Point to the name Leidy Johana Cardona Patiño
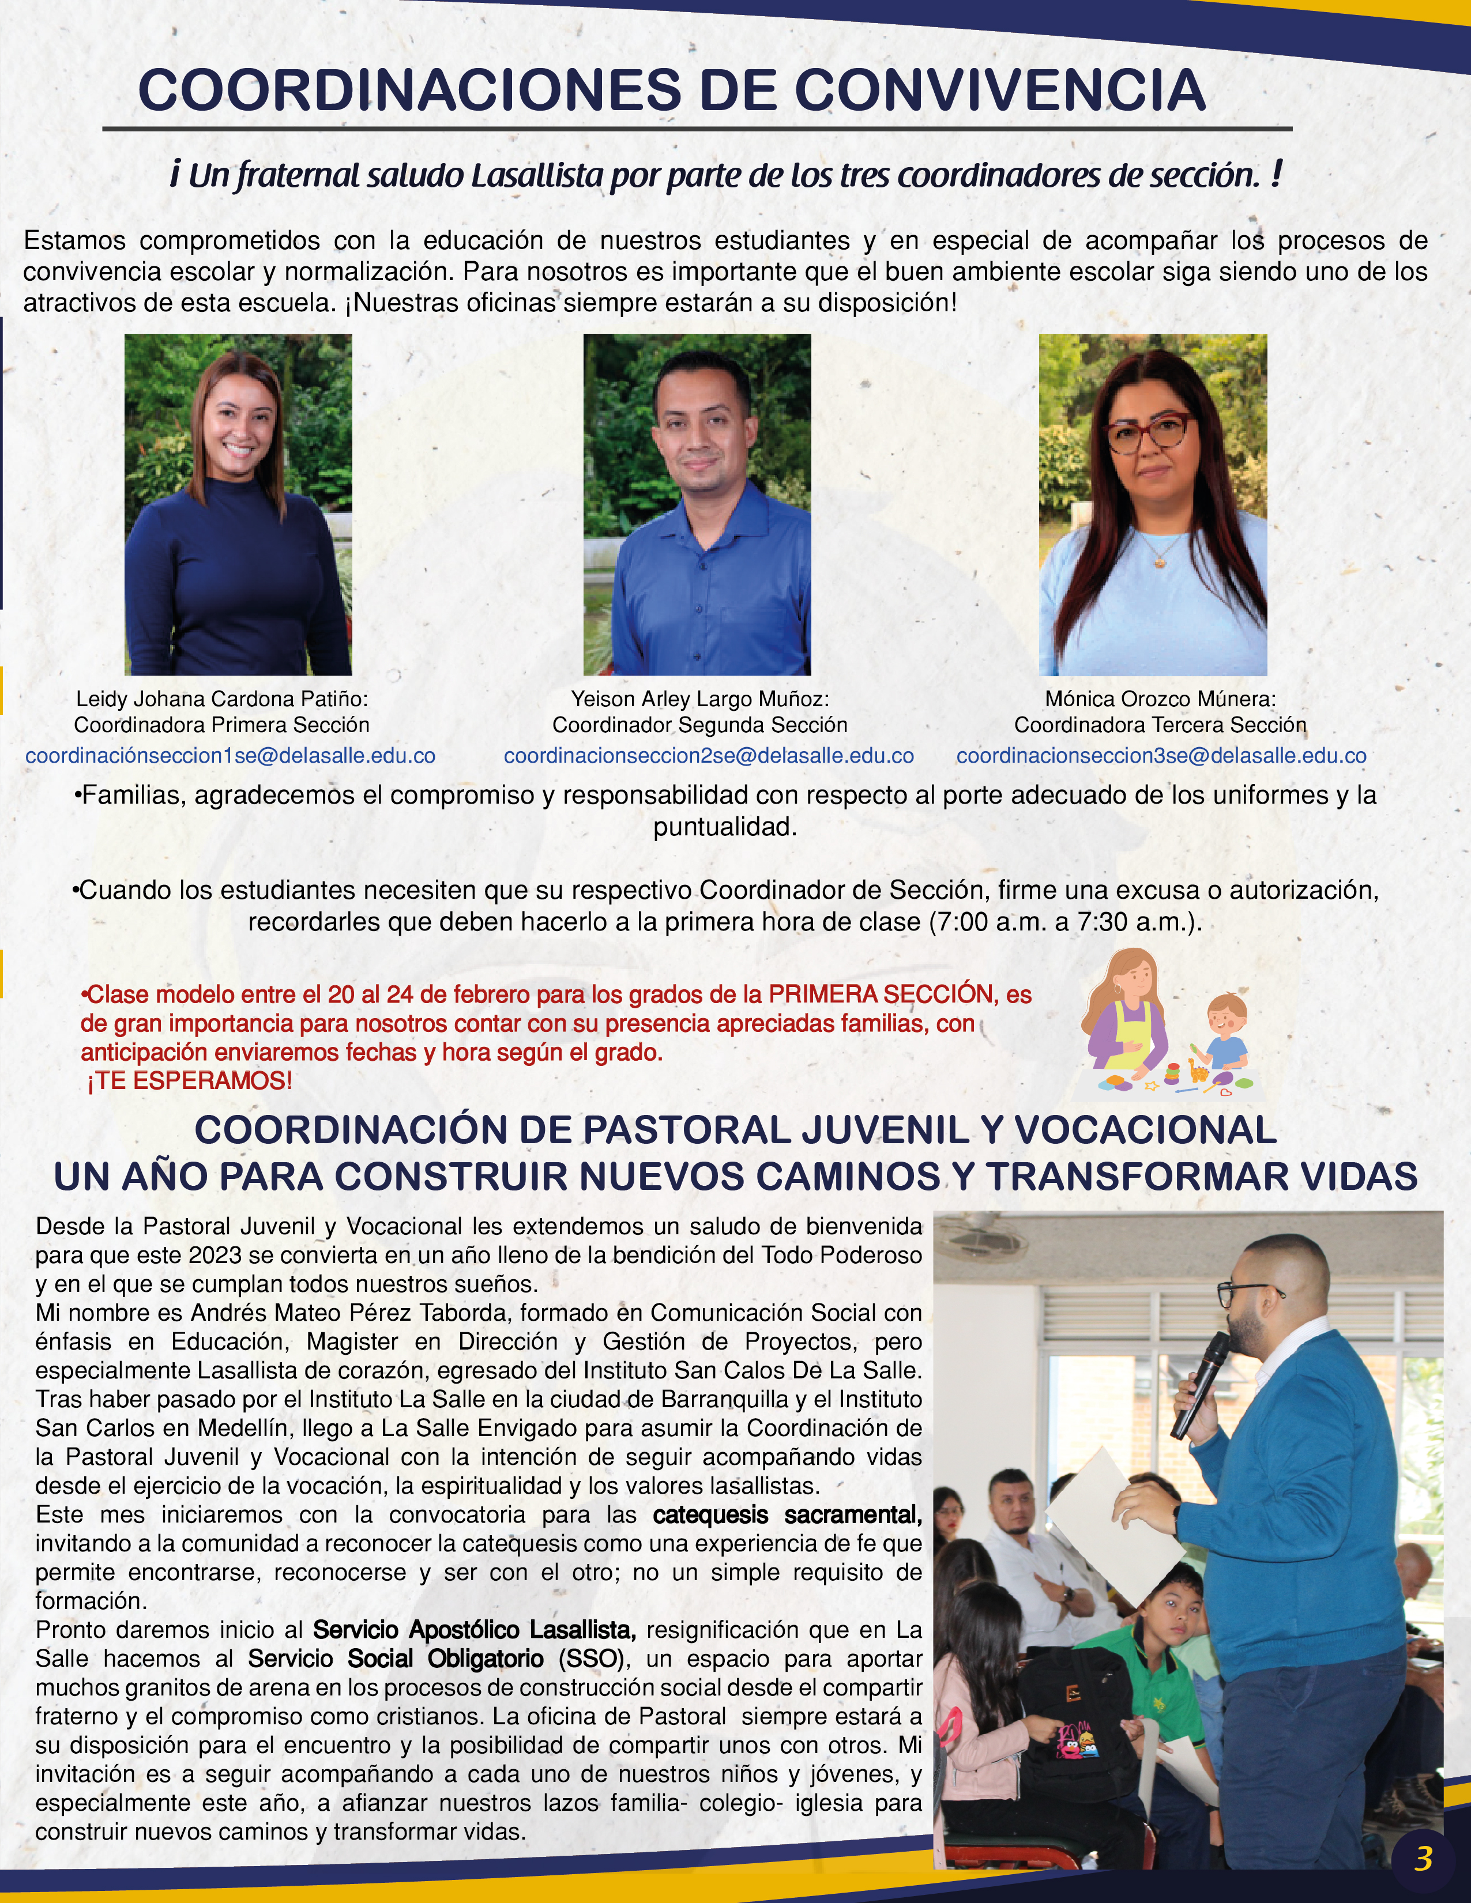[x=221, y=699]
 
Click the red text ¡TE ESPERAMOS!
[x=190, y=1081]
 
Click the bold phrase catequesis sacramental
[x=787, y=1515]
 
